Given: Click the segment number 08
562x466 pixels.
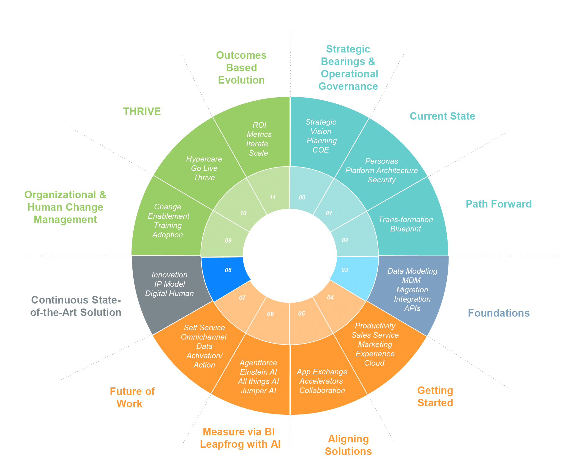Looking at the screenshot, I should click(x=228, y=270).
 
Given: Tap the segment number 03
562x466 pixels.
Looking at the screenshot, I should click(x=345, y=270).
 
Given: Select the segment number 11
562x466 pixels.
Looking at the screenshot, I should click(x=273, y=197).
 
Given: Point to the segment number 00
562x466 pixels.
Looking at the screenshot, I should click(x=302, y=197).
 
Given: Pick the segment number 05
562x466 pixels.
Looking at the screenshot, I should click(x=302, y=313).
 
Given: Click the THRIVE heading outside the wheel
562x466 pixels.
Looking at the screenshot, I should click(x=142, y=111).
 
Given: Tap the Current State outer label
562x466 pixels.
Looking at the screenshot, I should click(x=442, y=116).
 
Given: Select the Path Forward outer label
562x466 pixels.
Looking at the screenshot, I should click(x=499, y=204).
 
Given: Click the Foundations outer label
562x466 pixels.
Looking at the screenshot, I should click(x=499, y=313).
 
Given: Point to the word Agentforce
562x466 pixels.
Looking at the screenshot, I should click(x=258, y=363).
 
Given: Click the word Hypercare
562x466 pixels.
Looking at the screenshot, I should click(x=204, y=159).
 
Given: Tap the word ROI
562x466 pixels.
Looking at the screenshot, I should click(x=259, y=125).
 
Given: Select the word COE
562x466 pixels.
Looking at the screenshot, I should click(x=321, y=150).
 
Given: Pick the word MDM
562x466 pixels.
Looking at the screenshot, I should click(x=411, y=280).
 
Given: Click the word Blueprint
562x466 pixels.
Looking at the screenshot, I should click(x=406, y=229).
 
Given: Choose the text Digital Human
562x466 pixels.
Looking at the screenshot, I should click(x=169, y=293).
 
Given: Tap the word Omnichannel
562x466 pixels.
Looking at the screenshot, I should click(x=204, y=337).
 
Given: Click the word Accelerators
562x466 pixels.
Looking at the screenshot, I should click(x=321, y=381).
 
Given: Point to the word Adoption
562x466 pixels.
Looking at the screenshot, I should click(x=168, y=235).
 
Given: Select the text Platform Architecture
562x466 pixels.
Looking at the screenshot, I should click(x=381, y=170).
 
